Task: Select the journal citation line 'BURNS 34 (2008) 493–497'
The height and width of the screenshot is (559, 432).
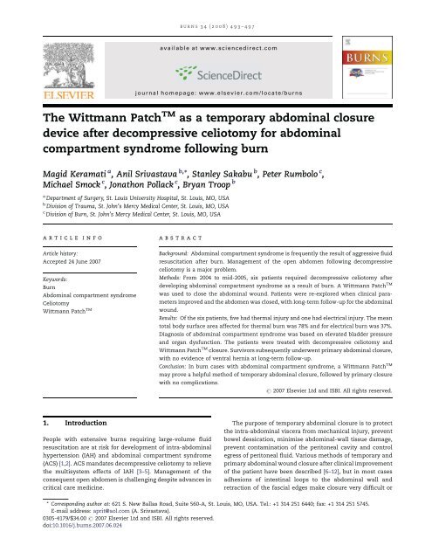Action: pos(216,10)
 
